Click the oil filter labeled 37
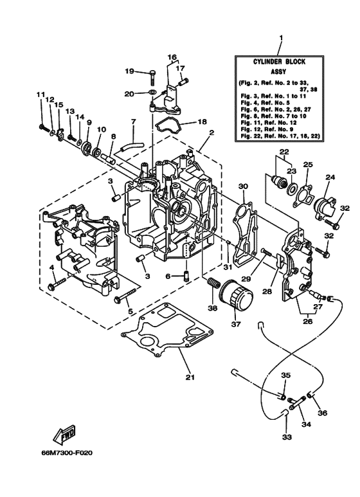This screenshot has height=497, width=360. (234, 299)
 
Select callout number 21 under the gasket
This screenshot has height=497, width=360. (190, 377)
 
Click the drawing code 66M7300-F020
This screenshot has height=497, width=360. (67, 453)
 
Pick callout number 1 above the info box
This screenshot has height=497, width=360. (280, 39)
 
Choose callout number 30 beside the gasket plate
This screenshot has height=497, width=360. (243, 186)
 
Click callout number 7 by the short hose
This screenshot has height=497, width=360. (133, 121)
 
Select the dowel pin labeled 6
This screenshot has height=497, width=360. (185, 277)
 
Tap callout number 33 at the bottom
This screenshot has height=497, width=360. (287, 438)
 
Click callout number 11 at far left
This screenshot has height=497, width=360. (40, 95)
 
